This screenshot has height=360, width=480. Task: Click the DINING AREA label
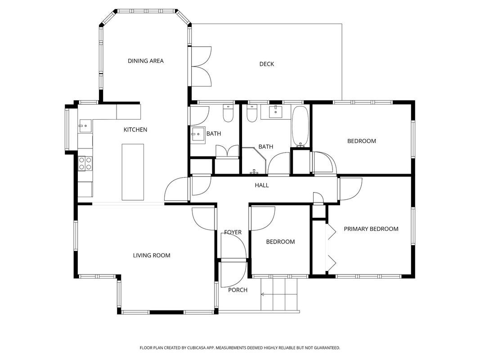[146, 61]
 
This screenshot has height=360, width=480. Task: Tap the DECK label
[267, 64]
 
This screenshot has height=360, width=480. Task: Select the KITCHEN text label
[135, 130]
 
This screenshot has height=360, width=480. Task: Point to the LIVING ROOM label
[152, 255]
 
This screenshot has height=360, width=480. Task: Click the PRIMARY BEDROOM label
[371, 229]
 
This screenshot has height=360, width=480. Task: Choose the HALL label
[262, 185]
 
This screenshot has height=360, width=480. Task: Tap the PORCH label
[238, 290]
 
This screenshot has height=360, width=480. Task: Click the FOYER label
[233, 232]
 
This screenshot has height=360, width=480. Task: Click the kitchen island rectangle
[133, 172]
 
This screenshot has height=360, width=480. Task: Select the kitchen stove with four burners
[85, 163]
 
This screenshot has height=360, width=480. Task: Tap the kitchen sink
[85, 126]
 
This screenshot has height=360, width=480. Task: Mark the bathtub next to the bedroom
[301, 126]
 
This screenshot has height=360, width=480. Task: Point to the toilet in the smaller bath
[228, 113]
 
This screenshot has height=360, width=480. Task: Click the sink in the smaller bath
[198, 135]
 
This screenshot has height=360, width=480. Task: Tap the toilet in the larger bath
[252, 113]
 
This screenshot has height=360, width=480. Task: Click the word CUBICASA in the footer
[199, 348]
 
